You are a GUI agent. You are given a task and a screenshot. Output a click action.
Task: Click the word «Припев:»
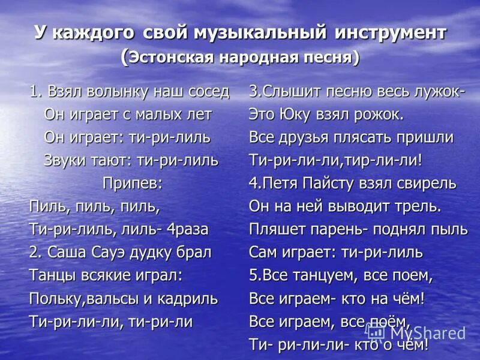[132, 183]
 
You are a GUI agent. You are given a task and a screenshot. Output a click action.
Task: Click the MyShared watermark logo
[416, 333]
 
